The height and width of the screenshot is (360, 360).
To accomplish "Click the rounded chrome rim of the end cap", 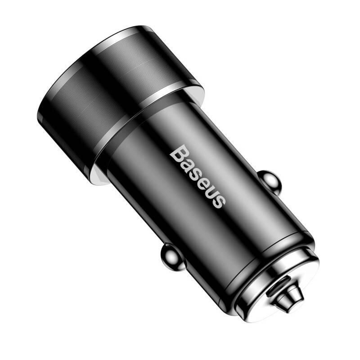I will pos(310,288).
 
